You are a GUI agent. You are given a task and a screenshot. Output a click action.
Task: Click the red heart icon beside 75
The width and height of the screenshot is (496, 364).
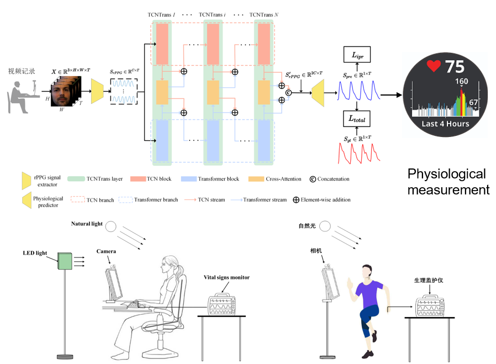click(434, 66)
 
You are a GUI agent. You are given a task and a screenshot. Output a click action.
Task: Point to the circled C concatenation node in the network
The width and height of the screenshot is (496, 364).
click(288, 93)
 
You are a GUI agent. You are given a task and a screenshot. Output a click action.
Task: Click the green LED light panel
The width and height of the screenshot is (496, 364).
click(67, 261)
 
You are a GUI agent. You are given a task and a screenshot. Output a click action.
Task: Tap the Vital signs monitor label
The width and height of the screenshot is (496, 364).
click(225, 277)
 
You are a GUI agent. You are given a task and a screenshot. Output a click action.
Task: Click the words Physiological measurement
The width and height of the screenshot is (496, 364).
click(448, 182)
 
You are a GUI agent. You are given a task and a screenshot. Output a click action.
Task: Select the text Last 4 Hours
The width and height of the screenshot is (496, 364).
click(445, 124)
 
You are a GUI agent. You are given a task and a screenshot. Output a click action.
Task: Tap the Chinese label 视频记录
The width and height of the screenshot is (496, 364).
click(22, 71)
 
